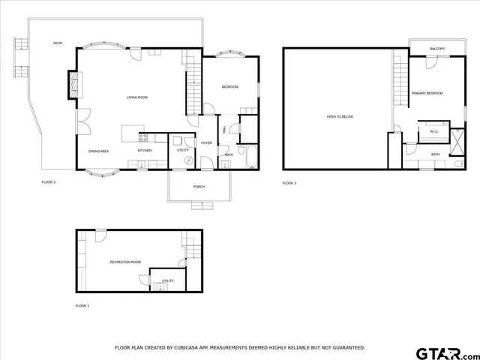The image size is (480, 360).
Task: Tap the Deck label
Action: pos(58,43)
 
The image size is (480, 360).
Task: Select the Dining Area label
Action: pos(99,151)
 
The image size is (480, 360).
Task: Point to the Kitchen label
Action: pos(145,151)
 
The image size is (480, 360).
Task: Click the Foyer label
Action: pos(205,142)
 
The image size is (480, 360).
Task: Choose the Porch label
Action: pos(199,186)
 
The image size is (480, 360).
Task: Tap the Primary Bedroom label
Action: pos(427,93)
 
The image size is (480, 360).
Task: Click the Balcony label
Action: pos(437,49)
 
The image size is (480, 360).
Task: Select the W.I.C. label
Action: pos(433,132)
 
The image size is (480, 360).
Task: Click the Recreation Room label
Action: pos(125,262)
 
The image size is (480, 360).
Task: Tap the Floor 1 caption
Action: pos(82,306)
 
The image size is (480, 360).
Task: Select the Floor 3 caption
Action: pos(289,183)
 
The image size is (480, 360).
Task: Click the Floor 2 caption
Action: pos(49,182)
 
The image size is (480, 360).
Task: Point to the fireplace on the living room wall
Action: pos(73,85)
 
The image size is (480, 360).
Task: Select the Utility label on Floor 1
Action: pos(168,281)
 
